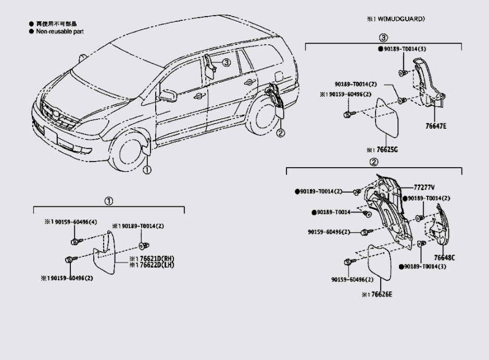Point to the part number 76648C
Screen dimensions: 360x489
click(444, 257)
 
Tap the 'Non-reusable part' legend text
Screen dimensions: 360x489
click(59, 31)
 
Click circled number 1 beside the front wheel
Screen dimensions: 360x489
click(147, 170)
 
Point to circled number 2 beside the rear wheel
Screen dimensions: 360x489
click(281, 133)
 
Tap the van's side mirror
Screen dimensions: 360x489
click(168, 95)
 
